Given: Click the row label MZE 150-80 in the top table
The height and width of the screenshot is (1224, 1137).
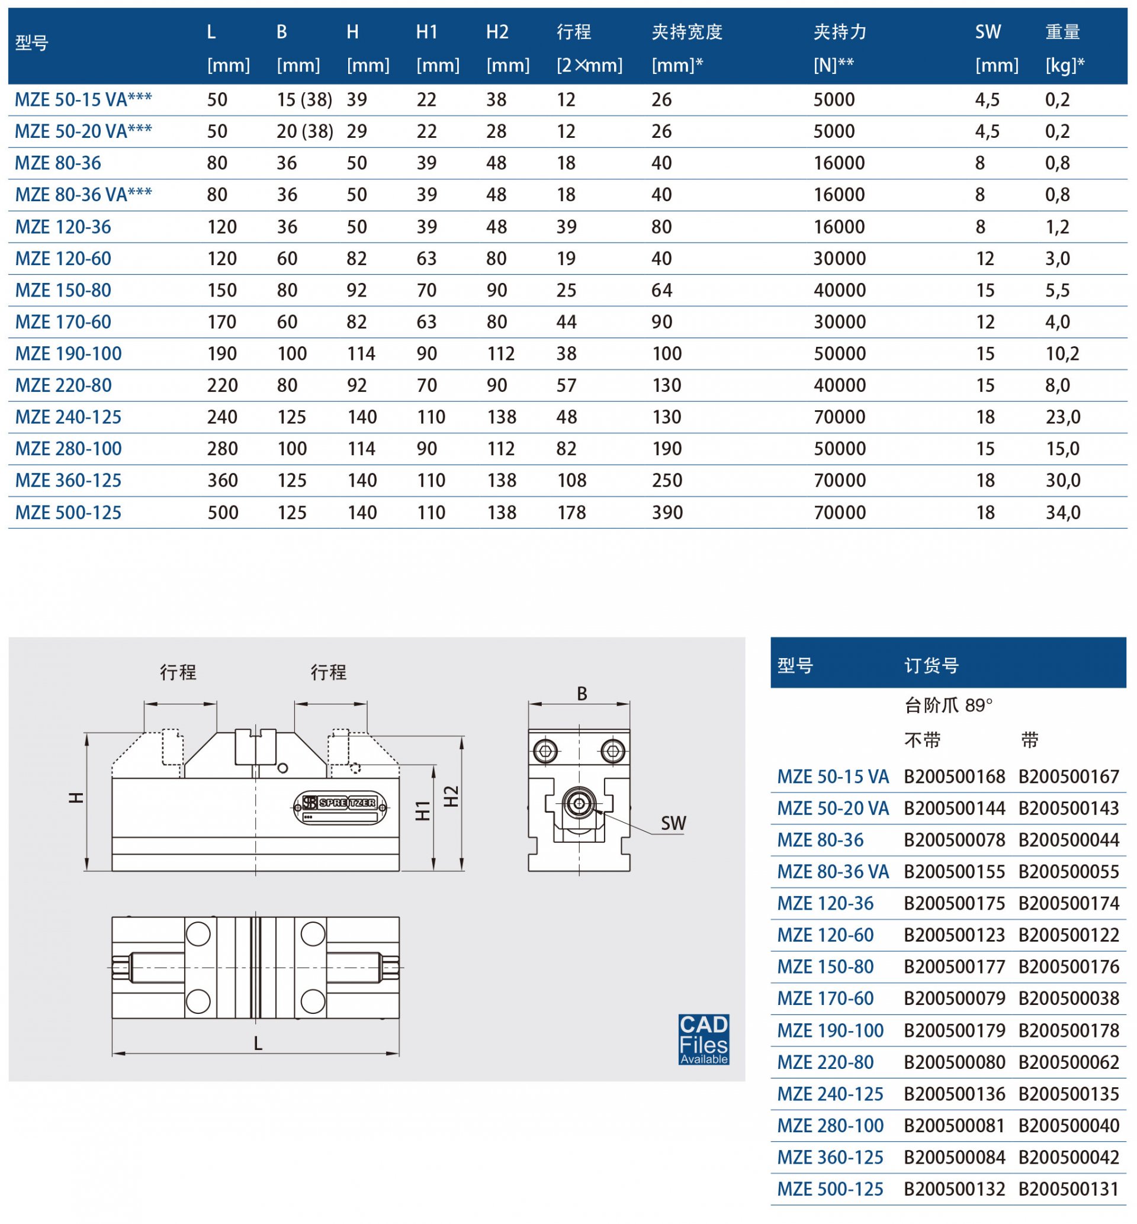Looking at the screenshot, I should (x=63, y=291).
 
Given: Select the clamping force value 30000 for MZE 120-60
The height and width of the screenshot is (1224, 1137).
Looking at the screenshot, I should (x=839, y=258).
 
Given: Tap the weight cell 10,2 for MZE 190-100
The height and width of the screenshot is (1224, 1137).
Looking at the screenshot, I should (x=1062, y=354).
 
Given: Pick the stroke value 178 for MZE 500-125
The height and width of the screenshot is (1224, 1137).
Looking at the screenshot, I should (x=571, y=513).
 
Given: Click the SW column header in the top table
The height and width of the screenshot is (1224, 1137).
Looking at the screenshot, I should (x=988, y=32).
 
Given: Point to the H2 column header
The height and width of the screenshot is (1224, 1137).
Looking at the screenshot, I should (x=497, y=32).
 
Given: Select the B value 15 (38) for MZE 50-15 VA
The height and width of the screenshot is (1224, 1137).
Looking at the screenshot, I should (x=304, y=99).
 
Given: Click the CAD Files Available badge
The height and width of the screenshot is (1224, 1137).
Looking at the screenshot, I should (x=704, y=1039).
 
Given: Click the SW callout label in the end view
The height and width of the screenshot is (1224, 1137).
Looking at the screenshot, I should (x=673, y=823).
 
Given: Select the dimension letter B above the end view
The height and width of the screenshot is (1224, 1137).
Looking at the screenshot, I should (x=582, y=694).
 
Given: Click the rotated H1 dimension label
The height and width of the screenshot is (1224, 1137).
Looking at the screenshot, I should (x=423, y=811).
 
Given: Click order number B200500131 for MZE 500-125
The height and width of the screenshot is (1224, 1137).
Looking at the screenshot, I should (x=1068, y=1189).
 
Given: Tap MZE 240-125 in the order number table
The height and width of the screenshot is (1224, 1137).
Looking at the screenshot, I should (x=830, y=1094).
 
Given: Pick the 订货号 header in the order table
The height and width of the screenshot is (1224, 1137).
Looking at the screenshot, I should (x=931, y=665).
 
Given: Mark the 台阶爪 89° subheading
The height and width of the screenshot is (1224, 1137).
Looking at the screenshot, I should (x=948, y=706).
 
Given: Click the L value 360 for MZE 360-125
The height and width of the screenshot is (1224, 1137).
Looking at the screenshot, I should (x=222, y=481).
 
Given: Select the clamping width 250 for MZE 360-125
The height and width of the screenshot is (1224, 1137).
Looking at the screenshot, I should (x=667, y=481).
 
